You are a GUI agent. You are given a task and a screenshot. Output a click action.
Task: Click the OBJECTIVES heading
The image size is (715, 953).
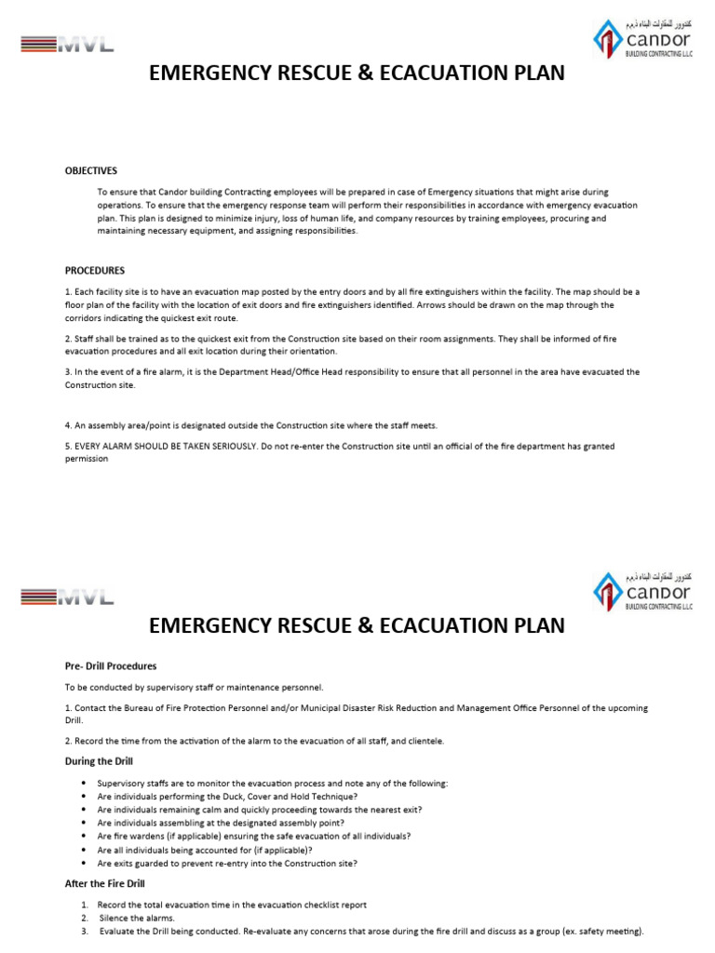click(90, 170)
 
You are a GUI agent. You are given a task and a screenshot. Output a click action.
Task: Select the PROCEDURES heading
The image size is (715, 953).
click(94, 271)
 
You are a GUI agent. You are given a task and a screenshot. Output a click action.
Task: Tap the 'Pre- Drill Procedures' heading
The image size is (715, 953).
click(110, 666)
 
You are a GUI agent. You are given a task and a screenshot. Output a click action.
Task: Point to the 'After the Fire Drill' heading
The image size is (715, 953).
click(104, 883)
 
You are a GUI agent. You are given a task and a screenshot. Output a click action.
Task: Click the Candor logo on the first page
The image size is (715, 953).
click(642, 38)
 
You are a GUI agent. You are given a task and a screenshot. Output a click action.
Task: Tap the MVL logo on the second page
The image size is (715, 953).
click(66, 597)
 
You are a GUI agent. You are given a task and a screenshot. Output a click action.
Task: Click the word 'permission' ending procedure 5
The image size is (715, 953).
click(87, 459)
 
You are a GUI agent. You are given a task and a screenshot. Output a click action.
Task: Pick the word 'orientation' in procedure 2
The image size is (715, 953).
click(310, 352)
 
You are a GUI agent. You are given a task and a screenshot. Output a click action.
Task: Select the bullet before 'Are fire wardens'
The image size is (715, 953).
click(85, 837)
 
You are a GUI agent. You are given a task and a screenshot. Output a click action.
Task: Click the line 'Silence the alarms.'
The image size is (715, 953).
click(136, 918)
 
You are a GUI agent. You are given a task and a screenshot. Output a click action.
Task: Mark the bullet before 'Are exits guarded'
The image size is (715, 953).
click(85, 863)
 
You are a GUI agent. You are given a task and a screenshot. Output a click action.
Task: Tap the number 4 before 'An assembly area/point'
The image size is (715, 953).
click(67, 425)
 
